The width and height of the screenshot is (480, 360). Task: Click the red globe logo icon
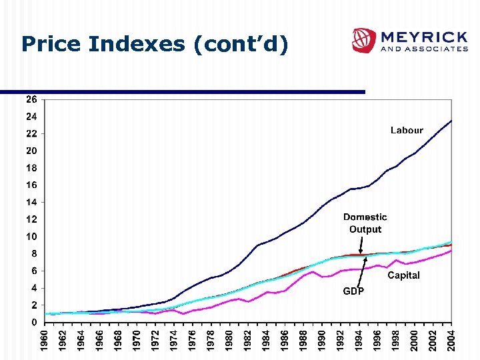(x=364, y=40)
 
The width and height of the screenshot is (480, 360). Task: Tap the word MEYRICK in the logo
(x=423, y=36)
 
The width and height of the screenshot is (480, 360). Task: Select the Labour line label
(x=407, y=131)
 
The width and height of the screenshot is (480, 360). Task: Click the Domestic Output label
(x=365, y=223)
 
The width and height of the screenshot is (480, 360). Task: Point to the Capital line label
(x=404, y=275)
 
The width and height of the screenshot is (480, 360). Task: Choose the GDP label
(x=353, y=291)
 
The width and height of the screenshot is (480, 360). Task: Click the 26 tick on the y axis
(x=31, y=99)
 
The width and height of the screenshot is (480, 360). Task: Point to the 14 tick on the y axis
(x=31, y=202)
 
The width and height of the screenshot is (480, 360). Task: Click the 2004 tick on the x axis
(x=451, y=338)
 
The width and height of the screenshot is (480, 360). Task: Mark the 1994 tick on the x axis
(x=359, y=338)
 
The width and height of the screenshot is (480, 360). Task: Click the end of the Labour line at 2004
(x=451, y=121)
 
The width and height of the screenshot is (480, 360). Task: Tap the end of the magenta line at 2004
(x=451, y=251)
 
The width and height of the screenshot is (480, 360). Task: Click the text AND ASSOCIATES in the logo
(x=423, y=49)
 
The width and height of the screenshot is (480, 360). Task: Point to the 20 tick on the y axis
(x=31, y=151)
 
